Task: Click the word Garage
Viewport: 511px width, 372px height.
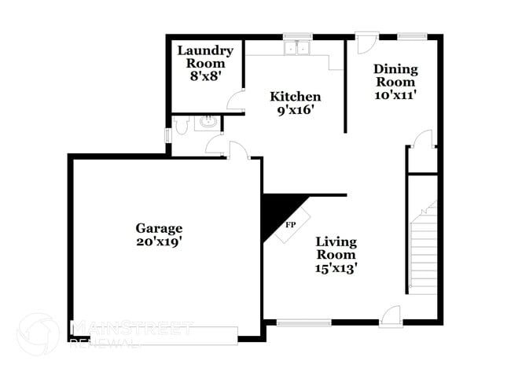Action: [158, 228]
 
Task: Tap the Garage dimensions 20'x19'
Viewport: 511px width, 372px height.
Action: [158, 243]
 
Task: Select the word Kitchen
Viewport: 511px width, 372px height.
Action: [296, 97]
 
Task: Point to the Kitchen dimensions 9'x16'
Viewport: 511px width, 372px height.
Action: [296, 111]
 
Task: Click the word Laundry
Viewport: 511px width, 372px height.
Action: [205, 51]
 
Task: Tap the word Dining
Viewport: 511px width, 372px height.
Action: [395, 68]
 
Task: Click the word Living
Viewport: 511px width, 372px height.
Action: [336, 241]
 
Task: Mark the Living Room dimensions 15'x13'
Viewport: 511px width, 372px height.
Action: [336, 269]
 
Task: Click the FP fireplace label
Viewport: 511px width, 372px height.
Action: [290, 224]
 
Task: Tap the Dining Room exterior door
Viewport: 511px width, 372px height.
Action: [364, 42]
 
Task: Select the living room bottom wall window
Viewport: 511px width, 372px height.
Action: [304, 322]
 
